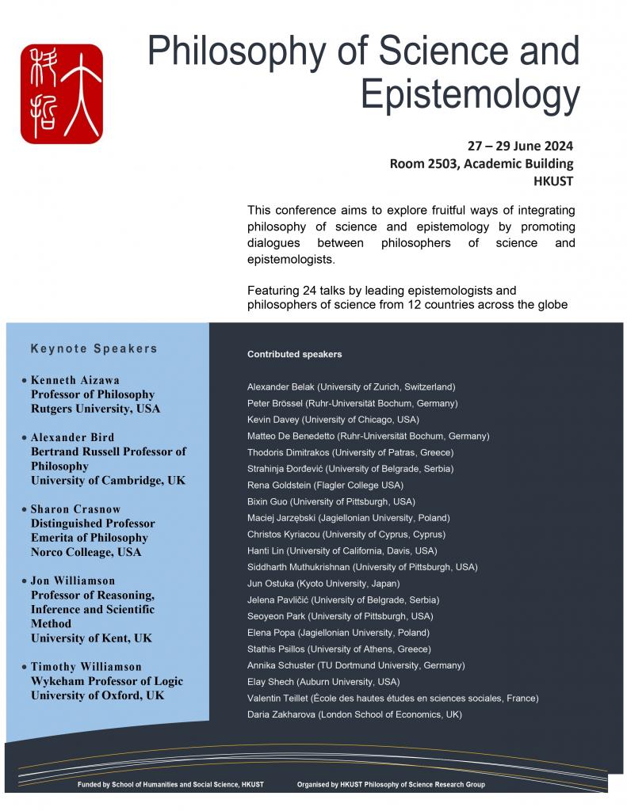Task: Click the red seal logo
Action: tap(62, 94)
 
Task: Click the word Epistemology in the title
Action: tap(469, 94)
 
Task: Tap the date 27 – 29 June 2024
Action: tap(519, 146)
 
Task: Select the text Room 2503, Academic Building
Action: tap(481, 164)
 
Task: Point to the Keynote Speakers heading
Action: tap(94, 348)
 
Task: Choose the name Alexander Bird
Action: tap(72, 437)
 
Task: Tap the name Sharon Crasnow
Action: tap(75, 509)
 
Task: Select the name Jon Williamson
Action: tap(73, 581)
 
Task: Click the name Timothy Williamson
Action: tap(86, 667)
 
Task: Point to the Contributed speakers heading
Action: tap(295, 354)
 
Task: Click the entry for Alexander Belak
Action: tap(351, 386)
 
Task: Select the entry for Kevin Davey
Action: tap(333, 419)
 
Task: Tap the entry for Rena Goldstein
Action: tap(336, 485)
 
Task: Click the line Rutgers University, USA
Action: tap(95, 409)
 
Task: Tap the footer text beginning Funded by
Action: tap(170, 784)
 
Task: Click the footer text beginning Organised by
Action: tap(391, 784)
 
